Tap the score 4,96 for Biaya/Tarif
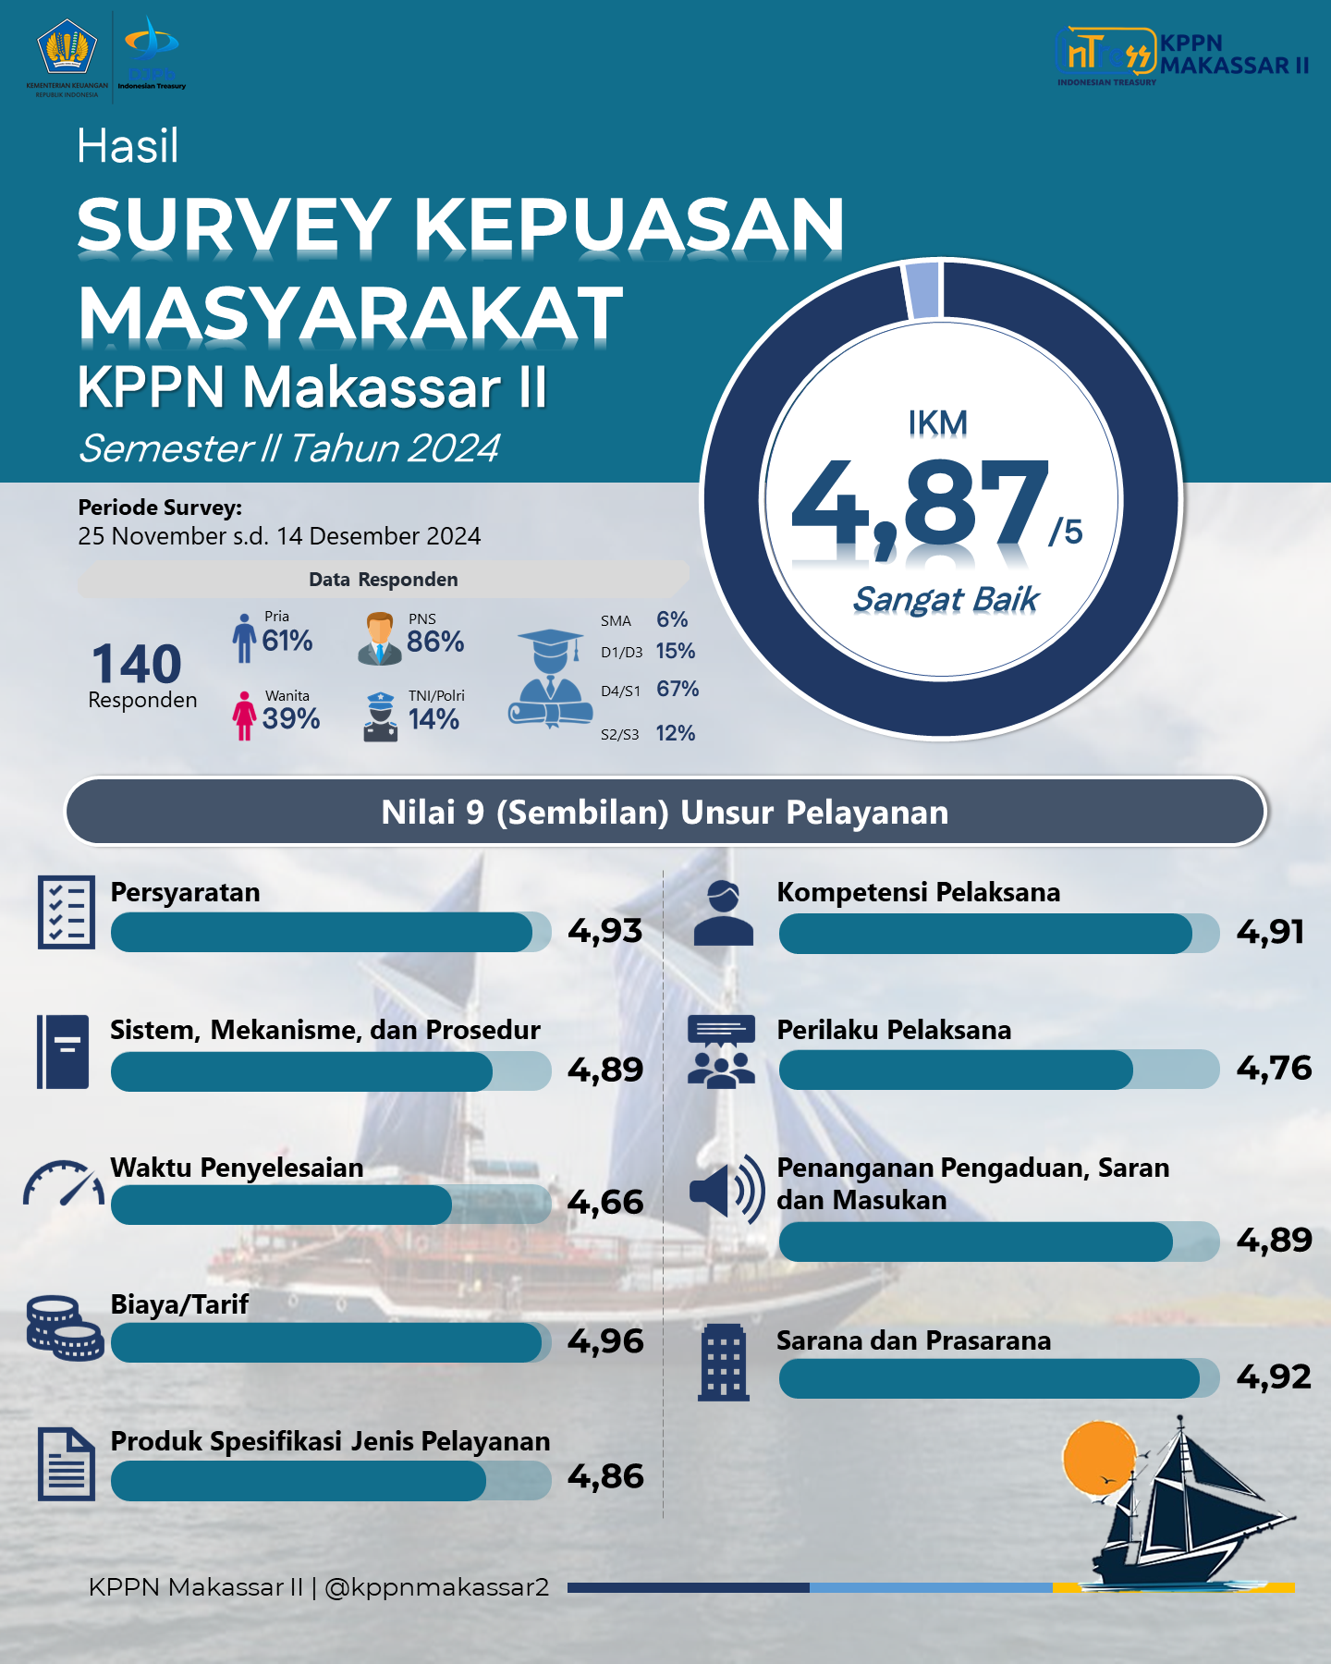click(605, 1340)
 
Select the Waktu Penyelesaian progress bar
click(331, 1205)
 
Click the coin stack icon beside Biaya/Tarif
click(64, 1328)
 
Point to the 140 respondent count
click(137, 664)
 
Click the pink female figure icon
click(244, 716)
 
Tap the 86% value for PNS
click(435, 642)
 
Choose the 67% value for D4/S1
click(678, 689)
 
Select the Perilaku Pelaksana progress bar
click(999, 1070)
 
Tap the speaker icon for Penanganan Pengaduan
click(727, 1190)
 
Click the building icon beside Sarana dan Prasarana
click(723, 1362)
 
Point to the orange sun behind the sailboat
click(1098, 1457)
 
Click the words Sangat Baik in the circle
click(946, 599)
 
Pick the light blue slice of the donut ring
click(923, 289)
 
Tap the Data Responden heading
click(384, 580)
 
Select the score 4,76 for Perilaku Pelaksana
click(1274, 1068)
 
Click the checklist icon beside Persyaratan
click(67, 912)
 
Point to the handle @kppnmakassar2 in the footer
click(436, 1587)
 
